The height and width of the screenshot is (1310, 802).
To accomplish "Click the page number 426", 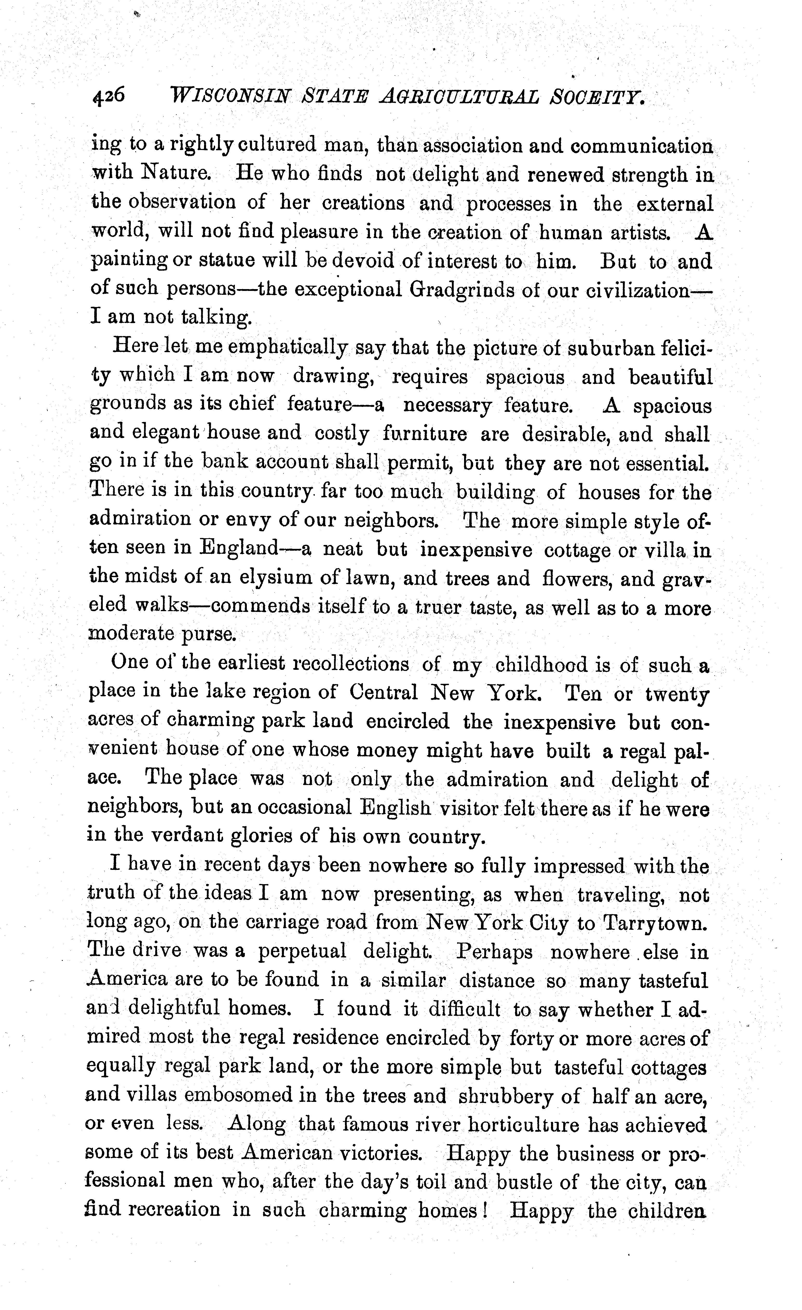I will tap(109, 96).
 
